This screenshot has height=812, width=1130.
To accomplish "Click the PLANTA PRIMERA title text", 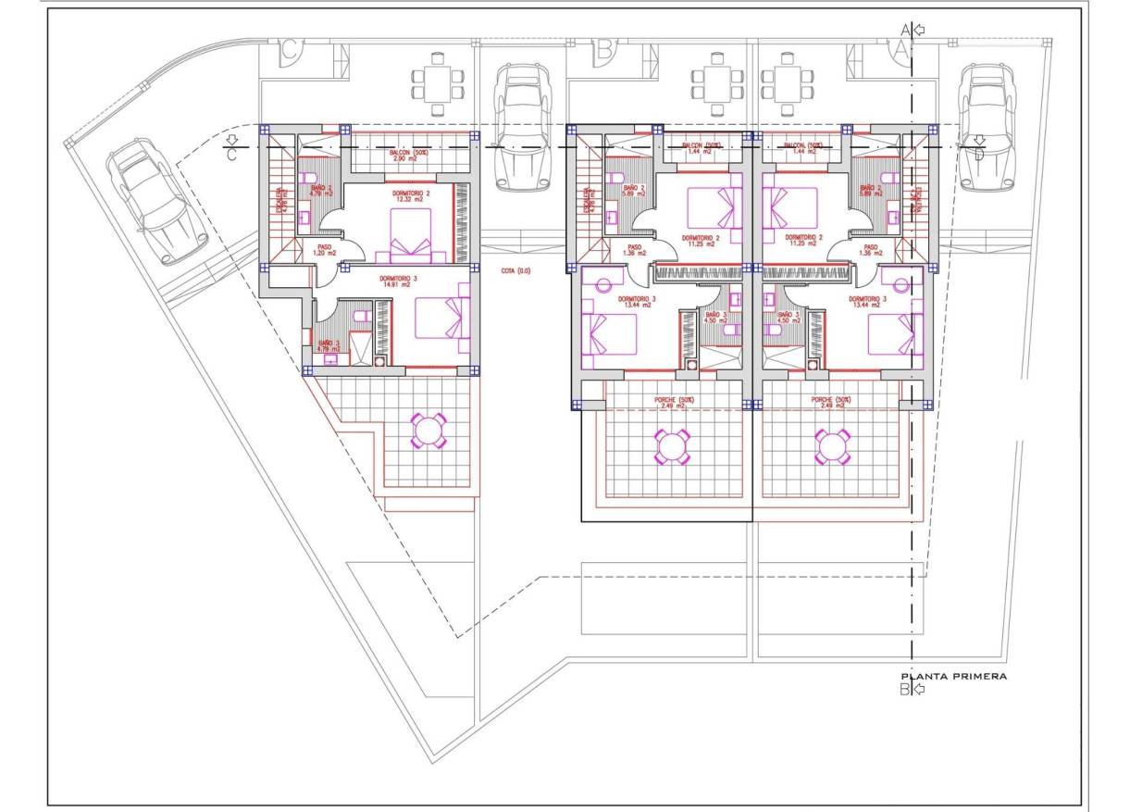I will click(953, 677).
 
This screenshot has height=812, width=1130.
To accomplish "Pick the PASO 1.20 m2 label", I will click(321, 250).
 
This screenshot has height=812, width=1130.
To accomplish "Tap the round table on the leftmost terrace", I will click(428, 431).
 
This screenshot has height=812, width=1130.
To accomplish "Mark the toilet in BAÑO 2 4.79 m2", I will click(312, 177).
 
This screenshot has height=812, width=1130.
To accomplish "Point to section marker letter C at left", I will click(232, 155).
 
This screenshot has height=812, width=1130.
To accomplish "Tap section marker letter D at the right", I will click(979, 154).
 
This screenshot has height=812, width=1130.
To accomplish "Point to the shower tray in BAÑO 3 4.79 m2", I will click(363, 344).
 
